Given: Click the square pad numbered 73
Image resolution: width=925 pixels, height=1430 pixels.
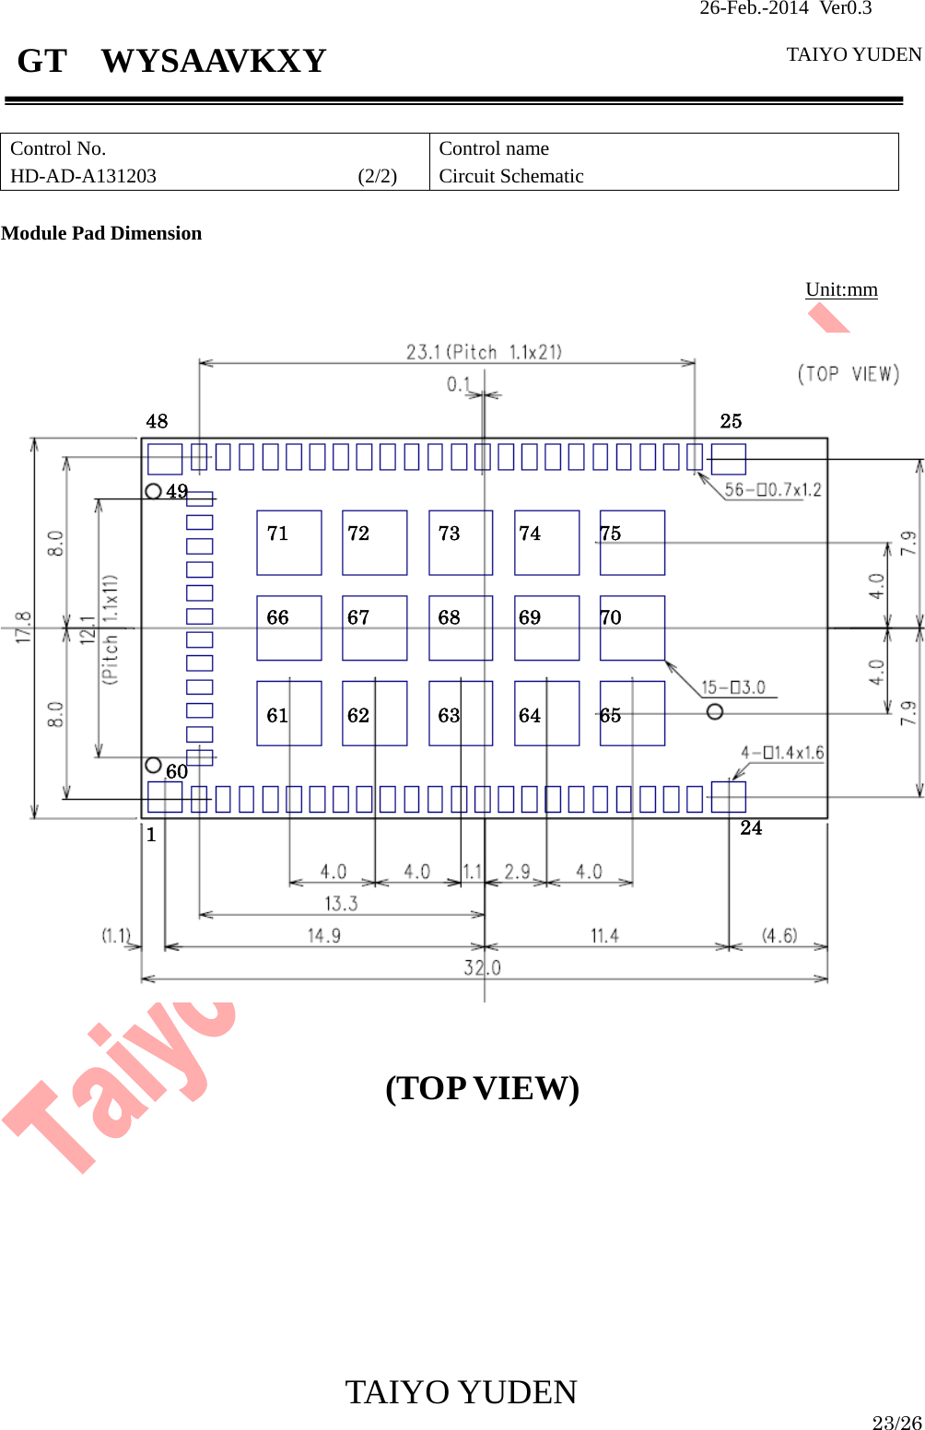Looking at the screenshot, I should pos(461,543).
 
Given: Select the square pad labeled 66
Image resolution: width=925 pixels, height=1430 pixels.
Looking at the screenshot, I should pos(288,627).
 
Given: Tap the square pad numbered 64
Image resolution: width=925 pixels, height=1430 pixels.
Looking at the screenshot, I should pos(546,713).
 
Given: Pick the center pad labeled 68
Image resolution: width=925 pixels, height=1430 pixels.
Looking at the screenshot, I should pos(461,627).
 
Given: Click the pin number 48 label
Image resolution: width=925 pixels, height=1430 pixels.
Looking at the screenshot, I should pos(157,421).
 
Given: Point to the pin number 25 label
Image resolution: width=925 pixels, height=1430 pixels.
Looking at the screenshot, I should pos(731,421).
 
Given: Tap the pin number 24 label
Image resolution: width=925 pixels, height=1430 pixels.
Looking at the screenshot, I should pos(751,828).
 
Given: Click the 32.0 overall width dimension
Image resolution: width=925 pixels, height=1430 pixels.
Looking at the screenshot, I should pos(482,967).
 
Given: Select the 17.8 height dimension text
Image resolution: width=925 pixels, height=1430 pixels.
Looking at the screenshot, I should pos(23,627).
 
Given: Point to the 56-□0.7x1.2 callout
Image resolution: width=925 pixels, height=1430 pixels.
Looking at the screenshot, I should pos(772,489).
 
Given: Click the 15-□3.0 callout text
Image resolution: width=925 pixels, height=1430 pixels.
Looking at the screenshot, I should pos(732,687).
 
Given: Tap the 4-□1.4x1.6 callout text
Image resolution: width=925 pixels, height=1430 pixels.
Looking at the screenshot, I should pos(781,753).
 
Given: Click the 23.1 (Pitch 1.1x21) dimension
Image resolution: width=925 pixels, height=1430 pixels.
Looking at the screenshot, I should pos(484,352).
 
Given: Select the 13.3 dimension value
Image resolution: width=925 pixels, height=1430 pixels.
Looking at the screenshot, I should pos(341,904).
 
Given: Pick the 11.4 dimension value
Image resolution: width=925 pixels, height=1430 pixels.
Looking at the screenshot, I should pos(604,936).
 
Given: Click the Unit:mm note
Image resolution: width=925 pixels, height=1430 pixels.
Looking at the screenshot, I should pos(841,289).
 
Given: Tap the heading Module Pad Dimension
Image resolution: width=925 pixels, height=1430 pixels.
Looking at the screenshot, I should pos(101,233).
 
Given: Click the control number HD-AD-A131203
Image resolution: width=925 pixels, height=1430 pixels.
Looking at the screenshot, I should pos(83,176).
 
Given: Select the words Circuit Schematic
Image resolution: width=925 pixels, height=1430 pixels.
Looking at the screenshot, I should pos(511,176).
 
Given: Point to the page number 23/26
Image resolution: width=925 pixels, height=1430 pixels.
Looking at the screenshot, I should pos(896,1422).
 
